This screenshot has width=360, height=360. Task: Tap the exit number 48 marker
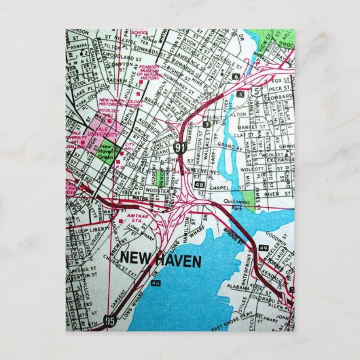pos(198,184)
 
